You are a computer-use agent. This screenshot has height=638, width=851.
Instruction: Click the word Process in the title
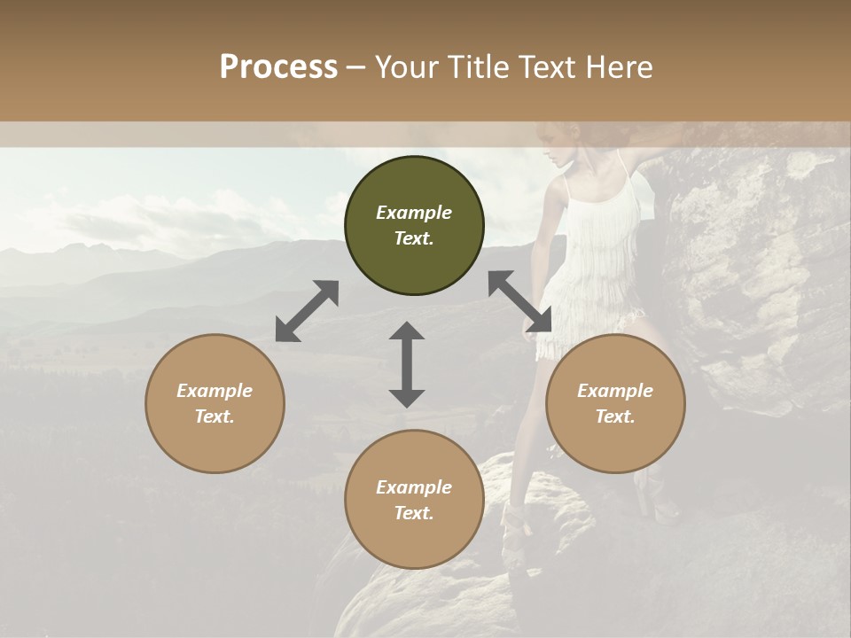(278, 67)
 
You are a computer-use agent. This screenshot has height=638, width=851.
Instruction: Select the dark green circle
(414, 225)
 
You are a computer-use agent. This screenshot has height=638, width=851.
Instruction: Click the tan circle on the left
(215, 403)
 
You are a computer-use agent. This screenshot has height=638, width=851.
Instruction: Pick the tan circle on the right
(615, 403)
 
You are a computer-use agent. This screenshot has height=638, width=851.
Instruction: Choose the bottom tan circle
(414, 499)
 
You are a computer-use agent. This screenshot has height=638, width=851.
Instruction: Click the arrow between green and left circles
(307, 311)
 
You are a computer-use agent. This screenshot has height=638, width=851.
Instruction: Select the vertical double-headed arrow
(407, 364)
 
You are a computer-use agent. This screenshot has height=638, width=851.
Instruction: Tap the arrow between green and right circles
(520, 301)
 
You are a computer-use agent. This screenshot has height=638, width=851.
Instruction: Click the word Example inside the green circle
(414, 213)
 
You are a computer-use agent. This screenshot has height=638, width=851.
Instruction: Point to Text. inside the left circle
(215, 416)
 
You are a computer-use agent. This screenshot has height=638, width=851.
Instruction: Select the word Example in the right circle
(615, 391)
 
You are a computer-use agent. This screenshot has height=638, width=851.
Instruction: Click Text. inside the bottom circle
(414, 513)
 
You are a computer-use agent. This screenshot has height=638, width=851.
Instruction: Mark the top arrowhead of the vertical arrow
(407, 331)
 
